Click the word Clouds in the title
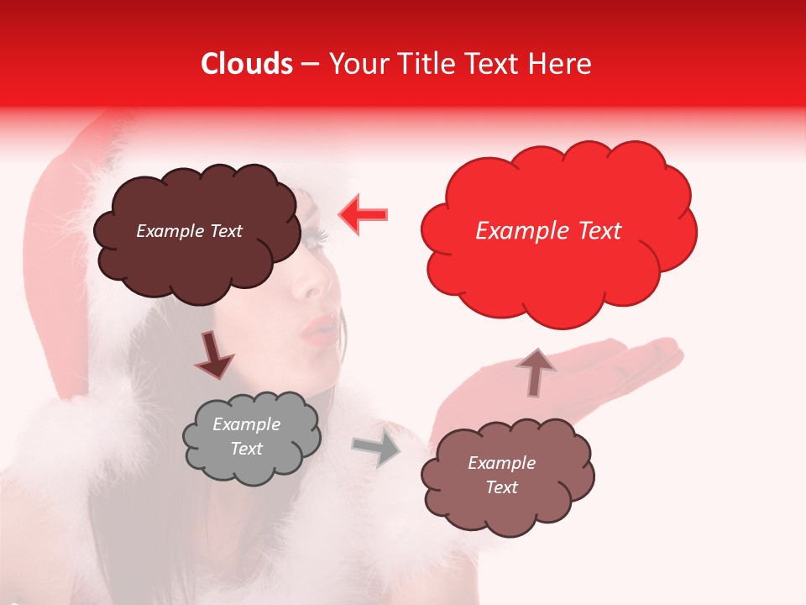pos(247,64)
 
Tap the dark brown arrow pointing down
pos(215,356)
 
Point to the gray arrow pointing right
pos(377,450)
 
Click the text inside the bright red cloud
pos(548,231)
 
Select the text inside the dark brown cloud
pos(189,231)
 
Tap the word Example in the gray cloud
pos(246,424)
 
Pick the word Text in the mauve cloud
pos(501,487)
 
